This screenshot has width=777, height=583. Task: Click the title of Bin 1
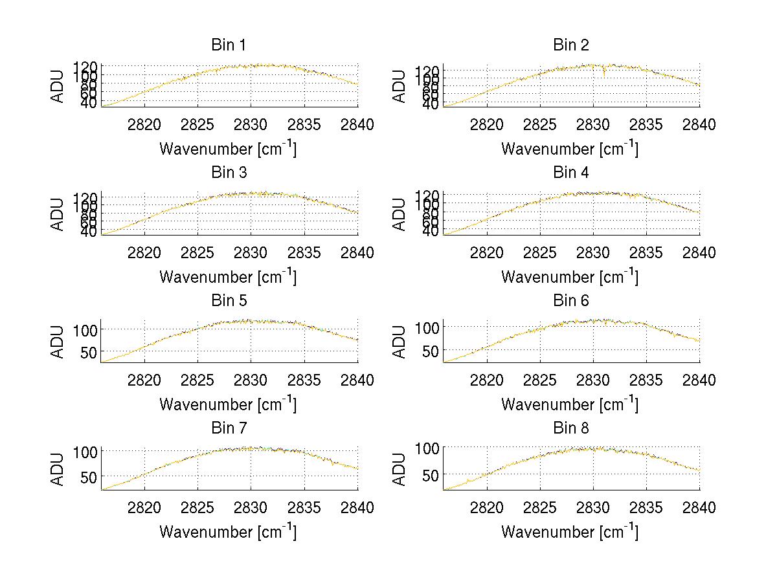point(229,45)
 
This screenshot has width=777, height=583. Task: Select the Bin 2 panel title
point(570,45)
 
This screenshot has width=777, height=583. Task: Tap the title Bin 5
point(229,301)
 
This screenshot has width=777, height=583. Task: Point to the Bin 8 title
point(570,428)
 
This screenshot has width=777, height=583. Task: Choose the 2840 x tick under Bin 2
point(699,125)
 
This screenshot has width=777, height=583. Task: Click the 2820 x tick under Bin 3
point(144,253)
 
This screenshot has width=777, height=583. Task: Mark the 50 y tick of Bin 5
point(89,352)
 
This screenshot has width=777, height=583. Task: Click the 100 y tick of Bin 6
point(427,327)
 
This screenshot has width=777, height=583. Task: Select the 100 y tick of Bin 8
point(427,448)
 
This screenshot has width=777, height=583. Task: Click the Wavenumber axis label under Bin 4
point(570,277)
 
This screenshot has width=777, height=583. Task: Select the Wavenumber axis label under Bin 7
point(228,532)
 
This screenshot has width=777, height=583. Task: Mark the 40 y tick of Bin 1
point(89,104)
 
